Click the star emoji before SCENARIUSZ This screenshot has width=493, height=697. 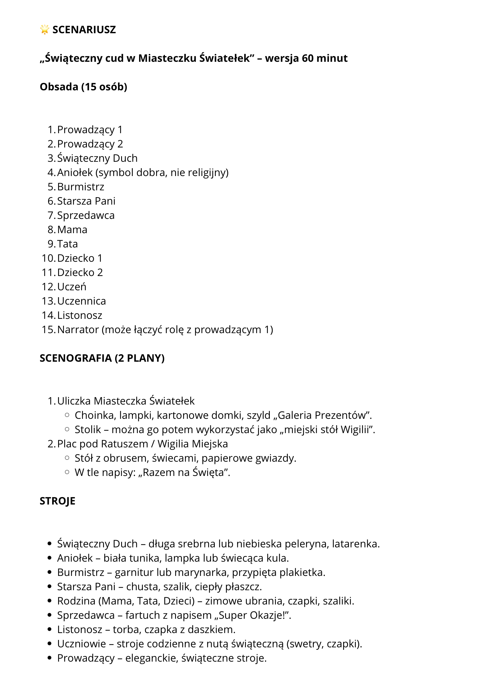click(x=45, y=29)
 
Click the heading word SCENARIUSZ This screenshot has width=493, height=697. click(x=84, y=30)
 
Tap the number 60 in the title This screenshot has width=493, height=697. click(x=308, y=58)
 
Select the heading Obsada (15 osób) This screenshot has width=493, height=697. click(x=84, y=87)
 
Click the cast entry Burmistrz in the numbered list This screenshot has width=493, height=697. click(x=81, y=187)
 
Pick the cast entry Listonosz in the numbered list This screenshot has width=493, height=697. click(x=80, y=315)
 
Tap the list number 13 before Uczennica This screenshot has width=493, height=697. click(x=48, y=301)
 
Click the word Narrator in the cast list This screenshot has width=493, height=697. click(x=78, y=330)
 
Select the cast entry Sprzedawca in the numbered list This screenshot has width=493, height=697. click(x=86, y=215)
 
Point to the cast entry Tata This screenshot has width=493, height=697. click(x=67, y=244)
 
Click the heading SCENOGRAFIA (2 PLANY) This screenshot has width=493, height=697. click(x=102, y=358)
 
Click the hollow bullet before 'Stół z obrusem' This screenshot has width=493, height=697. click(x=67, y=458)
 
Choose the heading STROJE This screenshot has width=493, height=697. click(x=57, y=501)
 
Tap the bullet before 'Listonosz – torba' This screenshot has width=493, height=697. click(x=49, y=630)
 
